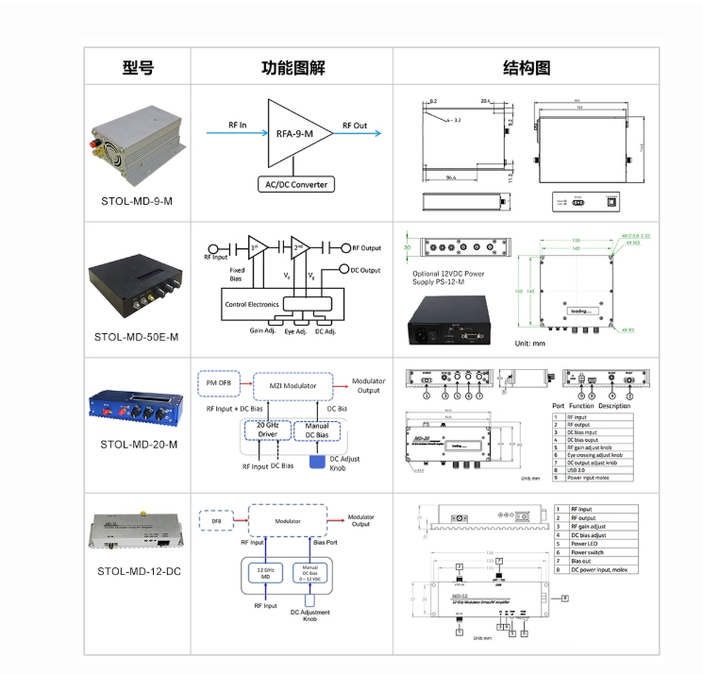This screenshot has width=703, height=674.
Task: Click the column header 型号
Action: pyautogui.click(x=138, y=67)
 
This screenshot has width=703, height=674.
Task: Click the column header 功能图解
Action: pyautogui.click(x=293, y=67)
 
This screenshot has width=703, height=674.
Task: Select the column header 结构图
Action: pyautogui.click(x=526, y=67)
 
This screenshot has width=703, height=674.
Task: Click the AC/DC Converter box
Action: pyautogui.click(x=295, y=184)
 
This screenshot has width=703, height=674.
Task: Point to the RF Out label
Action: pyautogui.click(x=355, y=124)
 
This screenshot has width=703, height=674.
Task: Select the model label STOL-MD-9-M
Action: pyautogui.click(x=138, y=201)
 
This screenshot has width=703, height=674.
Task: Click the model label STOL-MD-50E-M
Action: pyautogui.click(x=138, y=336)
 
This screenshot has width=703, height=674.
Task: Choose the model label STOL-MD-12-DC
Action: pyautogui.click(x=138, y=571)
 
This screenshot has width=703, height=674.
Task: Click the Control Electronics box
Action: pyautogui.click(x=255, y=304)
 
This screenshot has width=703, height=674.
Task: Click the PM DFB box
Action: pyautogui.click(x=220, y=381)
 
